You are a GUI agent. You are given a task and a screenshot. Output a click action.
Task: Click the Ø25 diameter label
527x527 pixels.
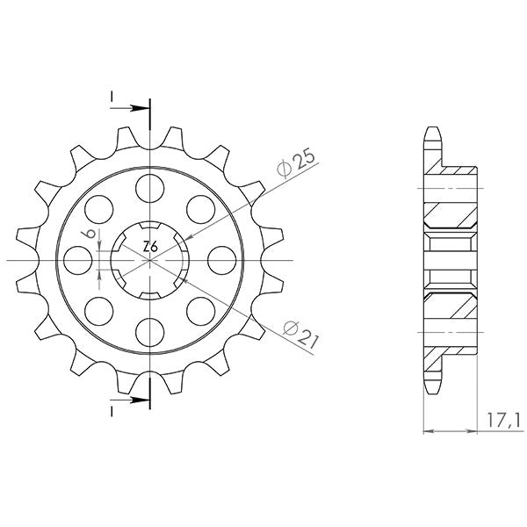(x=292, y=163)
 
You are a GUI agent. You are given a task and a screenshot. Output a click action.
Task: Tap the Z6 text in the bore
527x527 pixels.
(x=150, y=249)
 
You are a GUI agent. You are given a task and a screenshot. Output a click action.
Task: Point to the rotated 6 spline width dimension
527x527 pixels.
(x=87, y=235)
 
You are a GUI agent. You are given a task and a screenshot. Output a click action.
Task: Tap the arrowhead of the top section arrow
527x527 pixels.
(x=142, y=109)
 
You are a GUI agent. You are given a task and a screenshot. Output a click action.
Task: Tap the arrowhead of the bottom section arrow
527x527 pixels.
(x=142, y=401)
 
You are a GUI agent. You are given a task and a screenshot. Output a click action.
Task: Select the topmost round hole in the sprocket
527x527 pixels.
(x=150, y=186)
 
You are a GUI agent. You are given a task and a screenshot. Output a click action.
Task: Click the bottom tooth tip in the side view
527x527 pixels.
(x=431, y=388)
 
